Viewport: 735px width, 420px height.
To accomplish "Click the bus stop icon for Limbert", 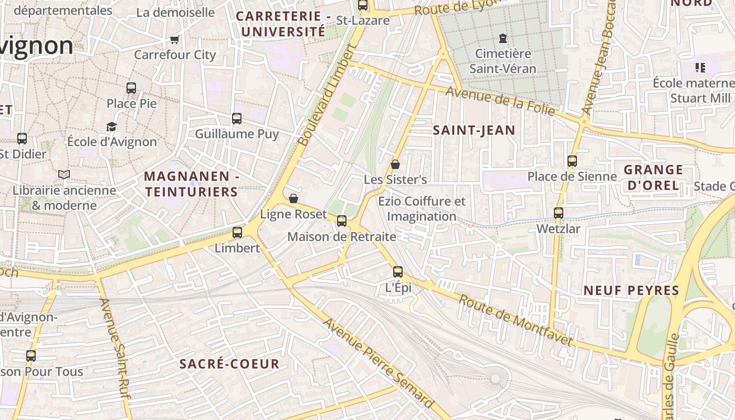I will tap(237, 232).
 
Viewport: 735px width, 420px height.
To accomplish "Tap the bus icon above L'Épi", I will tap(398, 271).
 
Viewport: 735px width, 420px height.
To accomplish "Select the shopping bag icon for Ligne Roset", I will tap(293, 198).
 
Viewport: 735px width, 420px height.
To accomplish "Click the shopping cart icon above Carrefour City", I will tap(175, 39).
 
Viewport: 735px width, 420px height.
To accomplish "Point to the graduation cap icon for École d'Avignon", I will tap(111, 127).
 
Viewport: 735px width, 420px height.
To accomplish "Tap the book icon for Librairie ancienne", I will tap(64, 174).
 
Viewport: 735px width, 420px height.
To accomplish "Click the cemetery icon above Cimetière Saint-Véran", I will tap(503, 38).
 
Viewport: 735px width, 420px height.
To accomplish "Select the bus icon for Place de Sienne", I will tap(572, 161).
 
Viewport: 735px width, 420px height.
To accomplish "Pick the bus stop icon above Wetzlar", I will tap(559, 213).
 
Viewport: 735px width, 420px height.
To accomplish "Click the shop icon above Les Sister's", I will tap(395, 164).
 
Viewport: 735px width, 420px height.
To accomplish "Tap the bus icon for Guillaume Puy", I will tap(237, 119).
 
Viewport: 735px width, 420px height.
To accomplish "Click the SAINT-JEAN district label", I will tap(474, 130).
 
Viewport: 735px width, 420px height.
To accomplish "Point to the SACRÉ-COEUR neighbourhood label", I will tap(229, 363).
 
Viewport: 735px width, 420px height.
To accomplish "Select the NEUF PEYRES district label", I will tap(632, 290).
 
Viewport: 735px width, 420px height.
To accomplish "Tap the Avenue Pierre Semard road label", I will tap(378, 362).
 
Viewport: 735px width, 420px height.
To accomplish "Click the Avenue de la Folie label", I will tap(500, 101).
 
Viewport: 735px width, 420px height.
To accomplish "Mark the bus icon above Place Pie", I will tap(131, 88).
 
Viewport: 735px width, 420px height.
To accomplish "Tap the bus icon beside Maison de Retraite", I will tap(342, 221).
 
